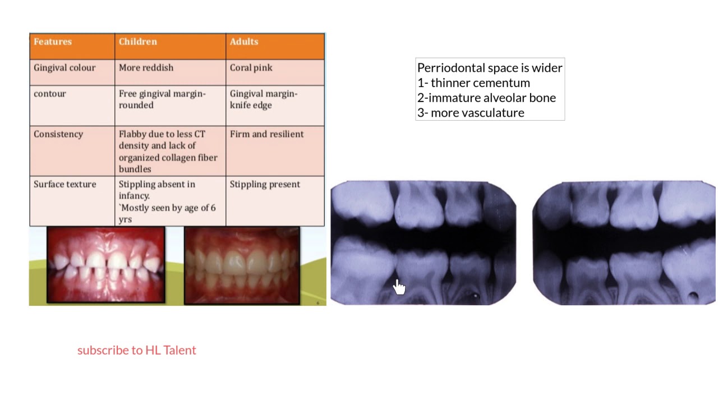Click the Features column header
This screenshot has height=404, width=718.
click(53, 42)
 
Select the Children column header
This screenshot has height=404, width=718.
click(138, 42)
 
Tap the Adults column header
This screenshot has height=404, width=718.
click(244, 42)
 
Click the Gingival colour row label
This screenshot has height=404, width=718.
click(65, 68)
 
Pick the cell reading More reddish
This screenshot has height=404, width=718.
click(146, 68)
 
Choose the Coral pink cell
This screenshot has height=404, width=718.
click(251, 68)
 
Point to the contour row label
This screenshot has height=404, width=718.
click(49, 94)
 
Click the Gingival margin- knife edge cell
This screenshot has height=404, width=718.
click(263, 99)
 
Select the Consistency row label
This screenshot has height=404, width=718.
click(58, 134)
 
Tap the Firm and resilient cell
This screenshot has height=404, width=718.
click(266, 134)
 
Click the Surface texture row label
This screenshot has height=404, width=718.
click(65, 185)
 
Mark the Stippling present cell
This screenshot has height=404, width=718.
click(265, 185)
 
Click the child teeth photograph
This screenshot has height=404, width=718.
click(106, 265)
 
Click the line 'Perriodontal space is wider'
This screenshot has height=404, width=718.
click(489, 68)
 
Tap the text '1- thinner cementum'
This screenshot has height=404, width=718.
click(473, 83)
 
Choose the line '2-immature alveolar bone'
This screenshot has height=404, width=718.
click(486, 98)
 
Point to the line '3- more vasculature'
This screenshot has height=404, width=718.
click(471, 113)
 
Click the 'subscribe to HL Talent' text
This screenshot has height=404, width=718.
click(137, 350)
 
